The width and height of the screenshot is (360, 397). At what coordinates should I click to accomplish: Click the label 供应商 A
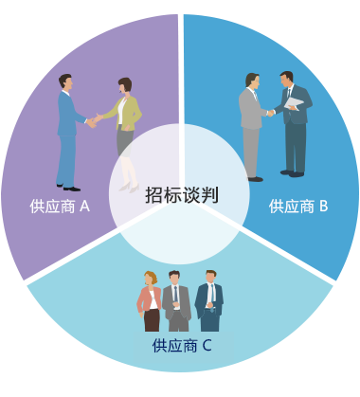click(x=59, y=205)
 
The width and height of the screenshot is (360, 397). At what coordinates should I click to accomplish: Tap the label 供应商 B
click(x=298, y=205)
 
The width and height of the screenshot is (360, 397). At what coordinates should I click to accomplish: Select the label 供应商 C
click(x=182, y=345)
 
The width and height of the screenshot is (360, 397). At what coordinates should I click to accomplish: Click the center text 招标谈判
click(x=182, y=195)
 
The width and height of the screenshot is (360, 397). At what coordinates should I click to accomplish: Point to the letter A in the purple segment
click(x=84, y=205)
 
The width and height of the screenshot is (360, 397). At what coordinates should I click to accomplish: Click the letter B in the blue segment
click(x=323, y=205)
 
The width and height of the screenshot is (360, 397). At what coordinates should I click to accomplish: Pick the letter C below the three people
click(x=207, y=345)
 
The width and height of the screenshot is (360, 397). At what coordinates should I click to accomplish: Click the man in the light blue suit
click(x=68, y=133)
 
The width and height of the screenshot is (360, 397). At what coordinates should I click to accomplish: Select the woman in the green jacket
click(x=125, y=133)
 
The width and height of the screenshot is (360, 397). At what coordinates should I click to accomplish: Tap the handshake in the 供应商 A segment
click(x=95, y=120)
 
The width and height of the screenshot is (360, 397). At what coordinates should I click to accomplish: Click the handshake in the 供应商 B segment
click(x=271, y=113)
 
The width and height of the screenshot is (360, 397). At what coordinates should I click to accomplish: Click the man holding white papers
click(x=293, y=123)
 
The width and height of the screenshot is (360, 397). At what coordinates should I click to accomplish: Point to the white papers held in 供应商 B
click(x=297, y=102)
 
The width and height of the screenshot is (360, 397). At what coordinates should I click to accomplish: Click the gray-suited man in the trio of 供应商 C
click(x=175, y=301)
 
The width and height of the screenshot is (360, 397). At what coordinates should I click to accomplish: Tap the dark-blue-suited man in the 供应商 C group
click(x=208, y=301)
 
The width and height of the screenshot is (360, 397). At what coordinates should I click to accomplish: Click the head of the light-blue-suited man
click(x=65, y=82)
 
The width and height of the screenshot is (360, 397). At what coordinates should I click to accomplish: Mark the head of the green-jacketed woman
click(x=125, y=87)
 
